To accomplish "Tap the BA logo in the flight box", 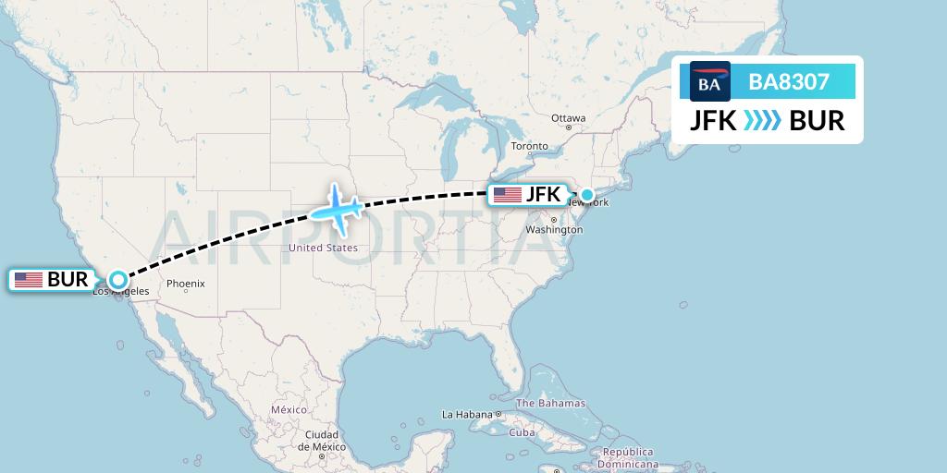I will [709, 82].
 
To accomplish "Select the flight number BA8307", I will [789, 82].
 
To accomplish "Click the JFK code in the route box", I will [713, 121].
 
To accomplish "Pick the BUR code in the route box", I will [818, 121].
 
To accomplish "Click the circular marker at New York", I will [587, 195].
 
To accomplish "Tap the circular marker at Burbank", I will [118, 279].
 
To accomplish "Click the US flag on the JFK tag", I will [508, 195].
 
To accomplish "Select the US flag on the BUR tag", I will [29, 279].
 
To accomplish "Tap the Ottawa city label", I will [568, 118].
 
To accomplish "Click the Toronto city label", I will [529, 146].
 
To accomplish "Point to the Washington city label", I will [553, 229].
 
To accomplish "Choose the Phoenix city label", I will [186, 284].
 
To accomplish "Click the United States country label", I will [323, 248].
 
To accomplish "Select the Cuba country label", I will [523, 432].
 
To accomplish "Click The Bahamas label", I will [550, 403].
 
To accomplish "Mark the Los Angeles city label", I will [121, 292].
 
